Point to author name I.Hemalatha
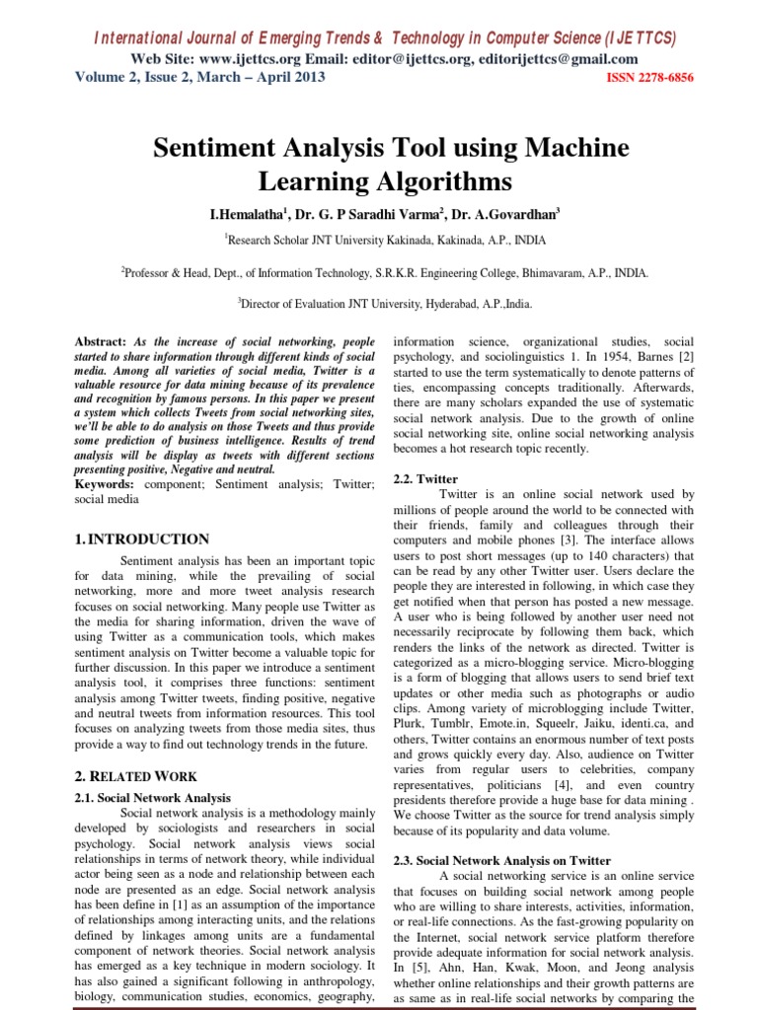pos(243,212)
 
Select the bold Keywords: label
pos(109,484)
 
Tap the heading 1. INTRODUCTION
pos(142,540)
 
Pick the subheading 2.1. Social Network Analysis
pos(153,797)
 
